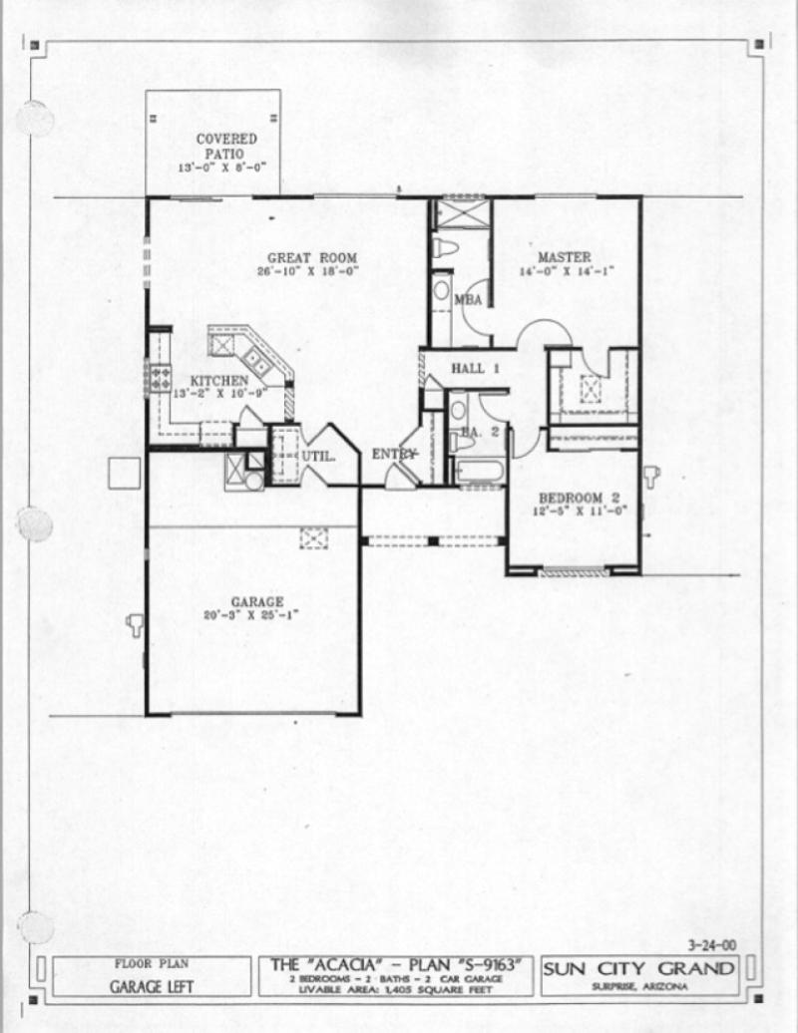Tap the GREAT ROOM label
[x=311, y=258]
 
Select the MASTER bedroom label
[x=564, y=257]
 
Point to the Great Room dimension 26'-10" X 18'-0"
[x=311, y=271]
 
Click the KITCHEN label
[x=218, y=381]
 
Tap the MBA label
[x=468, y=300]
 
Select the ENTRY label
[x=393, y=455]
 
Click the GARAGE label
[x=257, y=602]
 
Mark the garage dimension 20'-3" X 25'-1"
[x=257, y=616]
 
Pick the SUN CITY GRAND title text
[x=639, y=969]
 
